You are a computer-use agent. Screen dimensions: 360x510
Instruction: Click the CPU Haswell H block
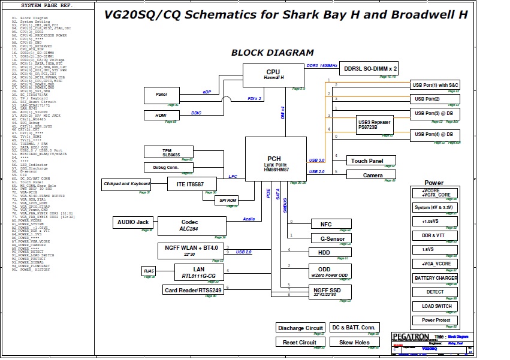[273, 75]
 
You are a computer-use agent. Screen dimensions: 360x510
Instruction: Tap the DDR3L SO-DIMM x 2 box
[370, 69]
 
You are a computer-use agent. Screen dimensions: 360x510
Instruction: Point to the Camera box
[373, 175]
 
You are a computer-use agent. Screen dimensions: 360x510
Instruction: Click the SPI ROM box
[227, 201]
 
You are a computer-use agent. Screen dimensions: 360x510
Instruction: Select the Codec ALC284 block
[189, 225]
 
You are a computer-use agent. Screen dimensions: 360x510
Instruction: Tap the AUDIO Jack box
[132, 222]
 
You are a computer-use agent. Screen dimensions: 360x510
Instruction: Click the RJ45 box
[149, 271]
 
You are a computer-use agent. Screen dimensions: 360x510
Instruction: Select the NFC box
[326, 224]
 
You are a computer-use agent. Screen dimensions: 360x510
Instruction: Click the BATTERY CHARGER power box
[436, 278]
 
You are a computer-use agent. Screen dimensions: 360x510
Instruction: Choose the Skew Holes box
[354, 342]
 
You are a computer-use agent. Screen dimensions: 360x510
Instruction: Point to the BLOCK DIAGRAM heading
[272, 53]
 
